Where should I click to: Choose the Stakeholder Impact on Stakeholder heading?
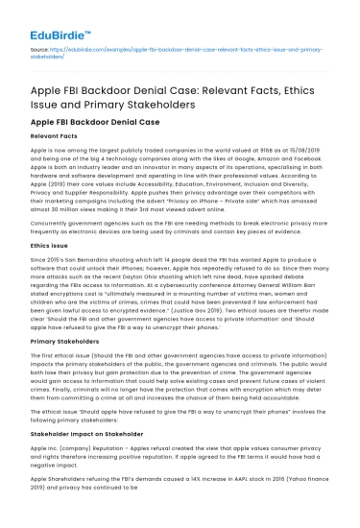[94, 434]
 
